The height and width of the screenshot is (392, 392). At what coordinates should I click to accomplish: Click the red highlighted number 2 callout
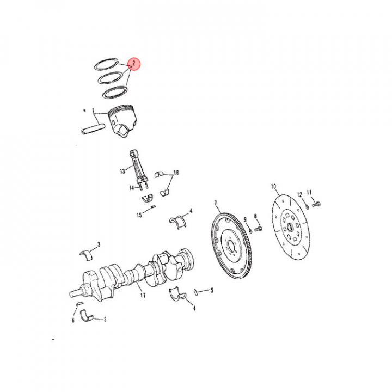[x=134, y=64]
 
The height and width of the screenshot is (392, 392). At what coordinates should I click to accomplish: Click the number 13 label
[x=122, y=171]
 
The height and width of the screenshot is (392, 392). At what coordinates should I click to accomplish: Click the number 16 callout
[x=176, y=173]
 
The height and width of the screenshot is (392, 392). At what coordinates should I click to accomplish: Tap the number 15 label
[x=139, y=215]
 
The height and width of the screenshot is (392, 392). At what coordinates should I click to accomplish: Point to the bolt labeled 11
[x=316, y=204]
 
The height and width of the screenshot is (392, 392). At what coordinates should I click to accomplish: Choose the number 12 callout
[x=299, y=194]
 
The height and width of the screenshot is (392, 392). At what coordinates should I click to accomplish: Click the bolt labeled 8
[x=258, y=228]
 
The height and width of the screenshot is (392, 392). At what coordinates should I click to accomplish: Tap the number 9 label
[x=245, y=219]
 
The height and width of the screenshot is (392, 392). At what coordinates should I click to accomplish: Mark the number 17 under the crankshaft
[x=143, y=296]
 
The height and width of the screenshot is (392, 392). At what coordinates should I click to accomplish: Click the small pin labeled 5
[x=196, y=292]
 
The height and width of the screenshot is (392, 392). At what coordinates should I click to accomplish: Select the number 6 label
[x=73, y=320]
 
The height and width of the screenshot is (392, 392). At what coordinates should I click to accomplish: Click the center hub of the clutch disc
[x=290, y=227]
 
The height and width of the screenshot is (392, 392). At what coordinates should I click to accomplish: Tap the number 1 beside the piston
[x=93, y=111]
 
